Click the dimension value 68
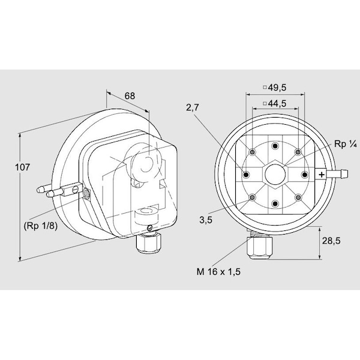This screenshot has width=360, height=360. click(129, 95)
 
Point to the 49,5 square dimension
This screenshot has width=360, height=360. click(275, 87)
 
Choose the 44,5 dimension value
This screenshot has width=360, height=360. click(275, 103)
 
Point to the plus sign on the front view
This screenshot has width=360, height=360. click(322, 175)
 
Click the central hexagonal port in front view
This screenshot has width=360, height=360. click(275, 175)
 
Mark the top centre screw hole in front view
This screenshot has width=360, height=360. click(275, 146)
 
